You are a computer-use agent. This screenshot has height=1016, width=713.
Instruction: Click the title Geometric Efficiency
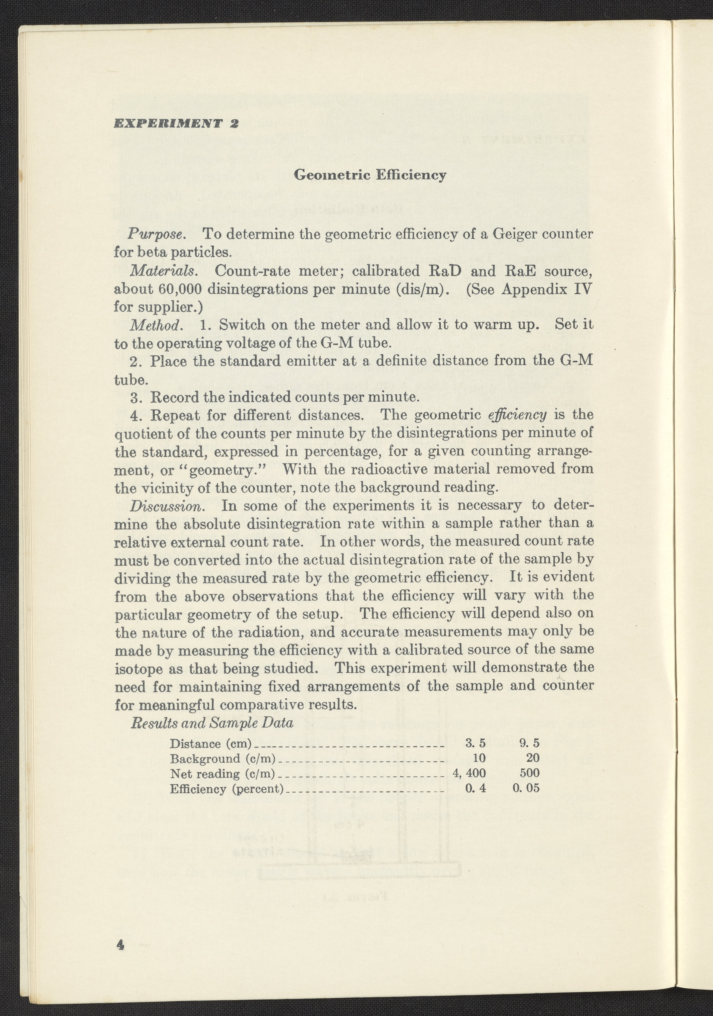370,175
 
